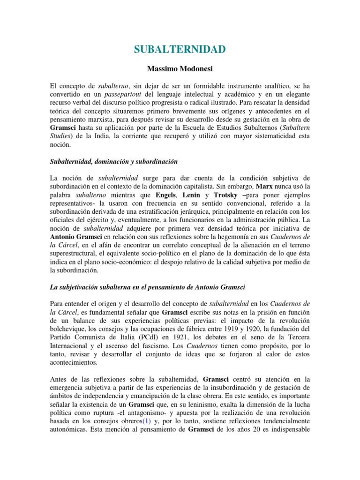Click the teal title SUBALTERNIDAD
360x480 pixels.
pyautogui.click(x=180, y=49)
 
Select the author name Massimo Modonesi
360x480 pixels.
pyautogui.click(x=180, y=69)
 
